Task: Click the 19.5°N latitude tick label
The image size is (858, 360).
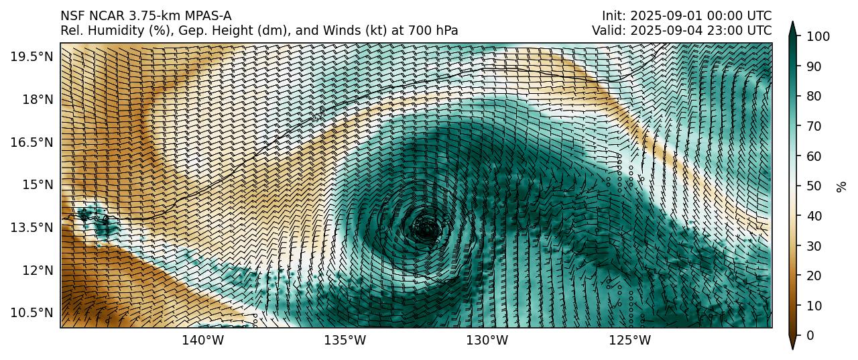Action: point(32,56)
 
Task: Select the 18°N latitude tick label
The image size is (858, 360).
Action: point(37,99)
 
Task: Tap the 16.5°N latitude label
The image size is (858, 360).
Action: point(32,142)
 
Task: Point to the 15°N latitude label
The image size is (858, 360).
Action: point(37,184)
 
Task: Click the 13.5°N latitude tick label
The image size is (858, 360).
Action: point(32,227)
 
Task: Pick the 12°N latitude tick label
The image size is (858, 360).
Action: point(37,270)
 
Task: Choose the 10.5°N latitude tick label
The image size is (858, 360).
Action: point(32,313)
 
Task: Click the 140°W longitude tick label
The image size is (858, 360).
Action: point(203,341)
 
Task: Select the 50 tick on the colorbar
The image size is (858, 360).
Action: point(809,186)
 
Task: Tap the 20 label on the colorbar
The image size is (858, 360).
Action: point(809,276)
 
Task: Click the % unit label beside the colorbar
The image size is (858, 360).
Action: point(842,186)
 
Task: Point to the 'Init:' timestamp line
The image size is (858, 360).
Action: point(686,15)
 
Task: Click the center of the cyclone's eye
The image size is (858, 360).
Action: point(427,229)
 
